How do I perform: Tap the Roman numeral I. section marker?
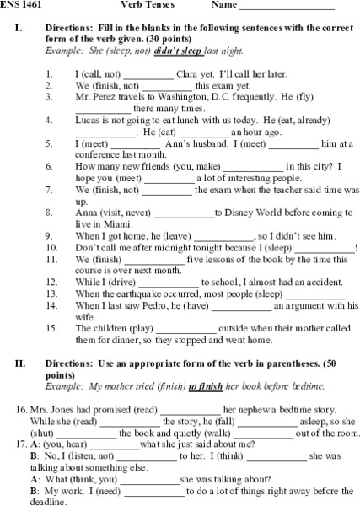click(19, 28)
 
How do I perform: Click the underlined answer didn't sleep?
click(176, 51)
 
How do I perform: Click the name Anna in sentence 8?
click(88, 213)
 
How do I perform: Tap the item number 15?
click(52, 328)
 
